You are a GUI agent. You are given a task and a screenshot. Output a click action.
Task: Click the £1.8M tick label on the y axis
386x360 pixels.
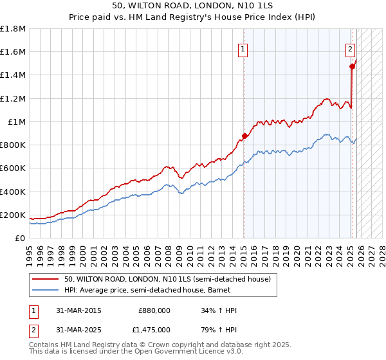click(13, 29)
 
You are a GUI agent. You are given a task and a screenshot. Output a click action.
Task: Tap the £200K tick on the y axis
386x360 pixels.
click(13, 215)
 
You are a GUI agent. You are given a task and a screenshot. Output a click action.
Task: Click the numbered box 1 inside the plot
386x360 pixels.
click(244, 48)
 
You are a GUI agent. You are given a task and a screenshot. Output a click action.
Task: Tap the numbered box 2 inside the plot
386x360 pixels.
click(351, 48)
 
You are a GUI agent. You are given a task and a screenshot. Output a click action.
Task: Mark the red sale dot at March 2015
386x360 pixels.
click(244, 136)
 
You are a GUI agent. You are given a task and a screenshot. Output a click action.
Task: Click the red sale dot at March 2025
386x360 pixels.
click(352, 66)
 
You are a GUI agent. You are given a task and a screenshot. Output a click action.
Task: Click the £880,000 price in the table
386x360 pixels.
click(154, 310)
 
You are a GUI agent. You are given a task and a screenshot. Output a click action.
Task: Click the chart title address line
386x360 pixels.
click(192, 6)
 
